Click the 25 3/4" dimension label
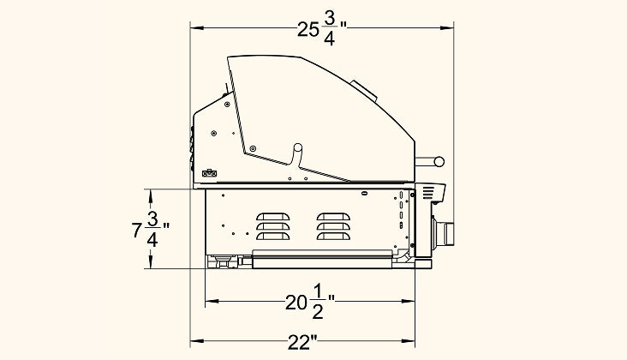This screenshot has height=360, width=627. coord(322,30)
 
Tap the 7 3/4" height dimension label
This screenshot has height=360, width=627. coord(151,229)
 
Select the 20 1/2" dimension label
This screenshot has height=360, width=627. coord(310,302)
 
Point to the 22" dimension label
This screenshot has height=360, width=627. coord(302,342)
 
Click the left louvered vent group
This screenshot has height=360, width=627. coord(272,226)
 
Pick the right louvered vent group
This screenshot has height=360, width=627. coord(333,226)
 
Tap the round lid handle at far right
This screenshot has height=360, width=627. coord(439,162)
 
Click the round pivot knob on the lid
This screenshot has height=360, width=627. coord(298,147)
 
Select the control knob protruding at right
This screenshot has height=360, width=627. coord(444,233)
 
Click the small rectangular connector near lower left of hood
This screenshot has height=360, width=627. coord(209,174)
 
